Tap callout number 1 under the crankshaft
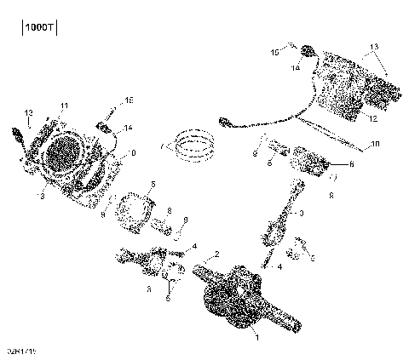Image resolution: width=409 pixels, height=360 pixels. (x=258, y=337)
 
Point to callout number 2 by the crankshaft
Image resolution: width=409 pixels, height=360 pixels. (x=216, y=254)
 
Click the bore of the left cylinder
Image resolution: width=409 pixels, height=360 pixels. (x=63, y=156)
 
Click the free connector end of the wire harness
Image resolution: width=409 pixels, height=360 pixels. (x=225, y=121)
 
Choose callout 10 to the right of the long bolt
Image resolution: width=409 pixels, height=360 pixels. (x=375, y=146)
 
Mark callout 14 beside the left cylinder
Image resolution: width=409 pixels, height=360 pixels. (x=128, y=129)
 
